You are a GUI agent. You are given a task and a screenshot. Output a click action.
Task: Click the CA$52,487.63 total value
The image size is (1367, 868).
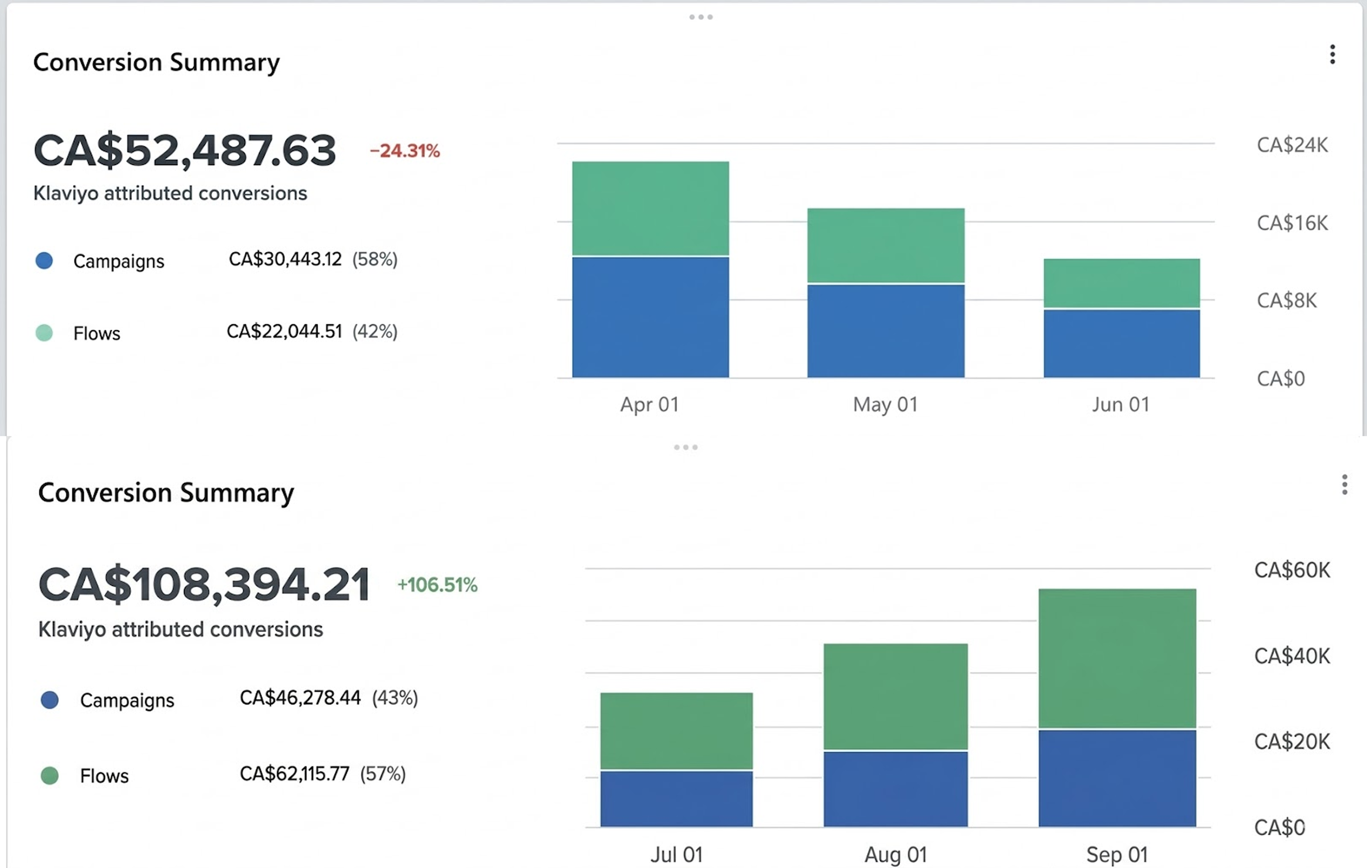pyautogui.click(x=185, y=150)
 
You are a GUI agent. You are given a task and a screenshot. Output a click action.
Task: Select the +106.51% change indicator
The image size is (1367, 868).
pyautogui.click(x=437, y=585)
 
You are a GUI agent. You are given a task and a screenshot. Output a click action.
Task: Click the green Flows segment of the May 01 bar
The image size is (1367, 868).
pyautogui.click(x=886, y=245)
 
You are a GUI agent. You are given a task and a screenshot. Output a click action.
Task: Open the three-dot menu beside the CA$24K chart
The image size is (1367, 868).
pyautogui.click(x=1332, y=55)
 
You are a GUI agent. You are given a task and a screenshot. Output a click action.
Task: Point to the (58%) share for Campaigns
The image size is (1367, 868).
pyautogui.click(x=375, y=260)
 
